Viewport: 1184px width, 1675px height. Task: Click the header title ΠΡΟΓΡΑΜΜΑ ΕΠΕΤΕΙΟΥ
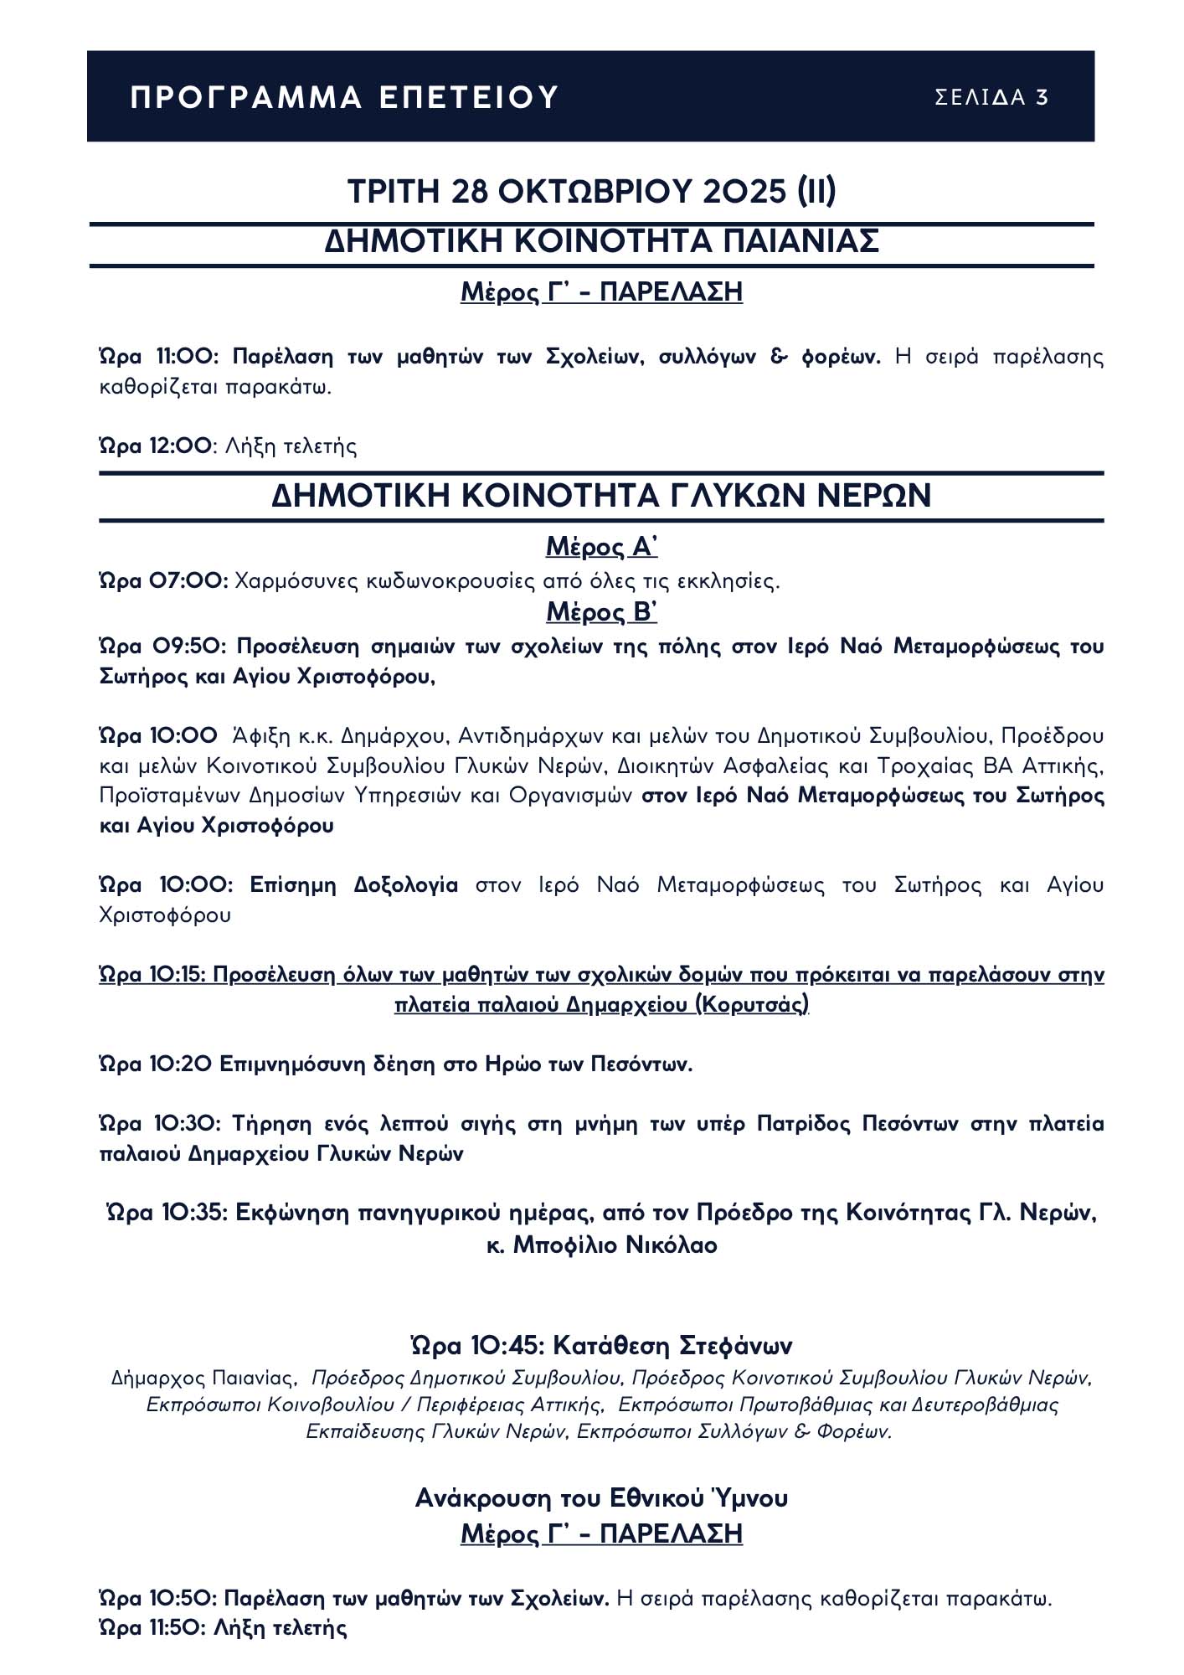(x=344, y=98)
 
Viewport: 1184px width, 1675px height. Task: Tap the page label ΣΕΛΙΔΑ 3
(x=991, y=98)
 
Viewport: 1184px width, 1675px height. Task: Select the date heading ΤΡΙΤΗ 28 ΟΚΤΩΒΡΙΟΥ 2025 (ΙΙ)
(x=591, y=192)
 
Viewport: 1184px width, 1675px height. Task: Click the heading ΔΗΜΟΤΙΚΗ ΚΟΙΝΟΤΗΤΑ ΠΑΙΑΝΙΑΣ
(x=601, y=241)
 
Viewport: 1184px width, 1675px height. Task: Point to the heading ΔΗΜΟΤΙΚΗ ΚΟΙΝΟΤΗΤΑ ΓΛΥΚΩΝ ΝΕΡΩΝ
(x=601, y=496)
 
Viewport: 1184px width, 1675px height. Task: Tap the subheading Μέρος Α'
(x=601, y=547)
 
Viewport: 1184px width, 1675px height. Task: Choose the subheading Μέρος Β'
(x=601, y=612)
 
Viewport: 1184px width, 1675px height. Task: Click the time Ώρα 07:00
(x=162, y=581)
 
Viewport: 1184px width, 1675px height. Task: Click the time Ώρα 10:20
(x=155, y=1064)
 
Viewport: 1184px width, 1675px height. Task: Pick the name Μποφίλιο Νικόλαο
(x=615, y=1245)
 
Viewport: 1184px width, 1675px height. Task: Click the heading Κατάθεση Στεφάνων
(x=661, y=1346)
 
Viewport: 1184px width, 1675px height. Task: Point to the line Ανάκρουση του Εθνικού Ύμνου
(x=601, y=1497)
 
